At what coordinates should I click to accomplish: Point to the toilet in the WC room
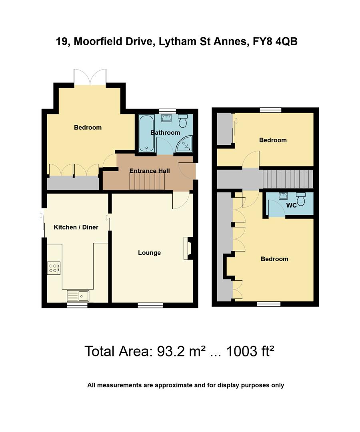click(301, 198)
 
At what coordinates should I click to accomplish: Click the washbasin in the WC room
click(283, 196)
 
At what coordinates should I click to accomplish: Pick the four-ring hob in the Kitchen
click(53, 268)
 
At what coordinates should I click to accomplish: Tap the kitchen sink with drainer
click(79, 296)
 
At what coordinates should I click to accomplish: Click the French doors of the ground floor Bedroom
click(90, 77)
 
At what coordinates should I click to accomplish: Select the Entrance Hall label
click(150, 171)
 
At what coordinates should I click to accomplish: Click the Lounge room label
click(149, 252)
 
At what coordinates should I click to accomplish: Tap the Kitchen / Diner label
click(76, 227)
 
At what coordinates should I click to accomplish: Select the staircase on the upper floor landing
click(287, 179)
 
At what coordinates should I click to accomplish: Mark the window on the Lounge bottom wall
click(150, 306)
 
